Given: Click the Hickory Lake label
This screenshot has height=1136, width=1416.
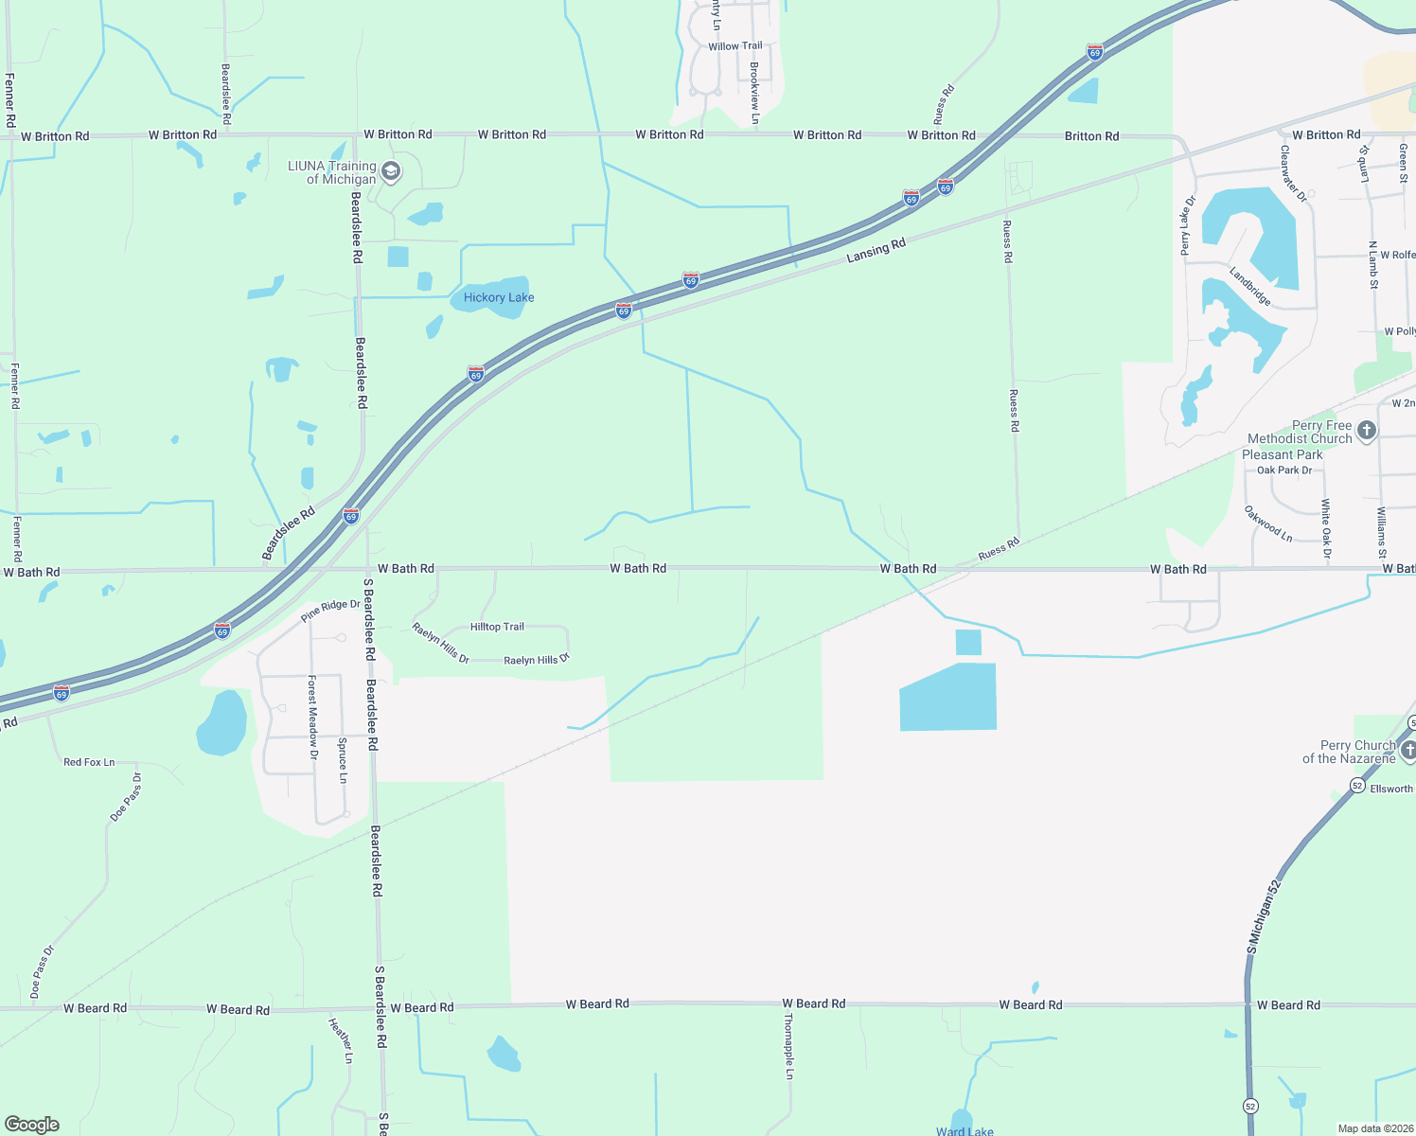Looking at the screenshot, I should (x=499, y=297).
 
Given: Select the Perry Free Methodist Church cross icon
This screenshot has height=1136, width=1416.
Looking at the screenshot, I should (x=1366, y=432).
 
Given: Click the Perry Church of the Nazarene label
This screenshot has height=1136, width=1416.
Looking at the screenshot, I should (x=1349, y=752).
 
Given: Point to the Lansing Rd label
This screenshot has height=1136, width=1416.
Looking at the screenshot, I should (x=876, y=251).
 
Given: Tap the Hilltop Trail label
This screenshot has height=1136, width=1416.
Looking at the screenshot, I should (x=497, y=627).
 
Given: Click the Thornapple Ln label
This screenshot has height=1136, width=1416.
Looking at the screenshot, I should (x=788, y=1046).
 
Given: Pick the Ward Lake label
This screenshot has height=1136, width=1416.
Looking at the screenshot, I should (x=965, y=1130).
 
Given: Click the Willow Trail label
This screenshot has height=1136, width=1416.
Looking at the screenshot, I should (x=735, y=45).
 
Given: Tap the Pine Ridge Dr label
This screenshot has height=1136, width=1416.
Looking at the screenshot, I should (x=330, y=612).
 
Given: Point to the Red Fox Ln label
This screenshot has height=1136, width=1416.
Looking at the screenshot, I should (x=89, y=762).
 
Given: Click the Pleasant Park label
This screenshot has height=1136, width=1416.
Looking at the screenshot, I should (x=1283, y=454).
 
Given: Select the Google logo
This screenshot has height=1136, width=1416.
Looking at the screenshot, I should (x=32, y=1125).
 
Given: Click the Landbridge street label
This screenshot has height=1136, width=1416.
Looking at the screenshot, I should (x=1249, y=287).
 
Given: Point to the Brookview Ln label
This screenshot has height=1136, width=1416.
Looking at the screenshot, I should (x=754, y=93).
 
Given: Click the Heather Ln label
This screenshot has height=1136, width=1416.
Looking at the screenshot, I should (x=341, y=1039).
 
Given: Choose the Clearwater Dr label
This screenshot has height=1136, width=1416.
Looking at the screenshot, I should (x=1293, y=173).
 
